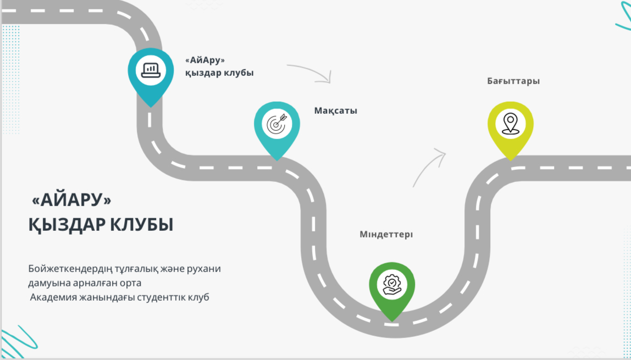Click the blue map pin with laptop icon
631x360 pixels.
[150, 74]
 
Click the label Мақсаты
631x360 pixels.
[335, 110]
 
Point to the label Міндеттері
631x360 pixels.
[386, 235]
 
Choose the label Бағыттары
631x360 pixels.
[513, 81]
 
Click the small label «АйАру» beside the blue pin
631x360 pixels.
[205, 60]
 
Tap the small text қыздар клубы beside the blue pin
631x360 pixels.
[219, 73]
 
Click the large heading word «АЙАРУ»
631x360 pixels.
[71, 200]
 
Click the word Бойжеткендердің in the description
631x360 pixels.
[70, 269]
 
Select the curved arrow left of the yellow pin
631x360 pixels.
[429, 167]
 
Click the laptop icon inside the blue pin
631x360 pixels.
[150, 70]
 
